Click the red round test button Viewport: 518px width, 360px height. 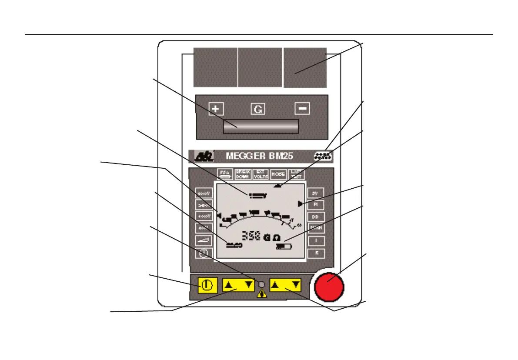point(328,287)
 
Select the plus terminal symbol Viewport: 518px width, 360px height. point(215,108)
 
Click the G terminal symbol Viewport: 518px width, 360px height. point(258,109)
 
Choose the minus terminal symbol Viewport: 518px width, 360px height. point(303,108)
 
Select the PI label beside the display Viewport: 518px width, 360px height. point(316,204)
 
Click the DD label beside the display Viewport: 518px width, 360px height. point(316,217)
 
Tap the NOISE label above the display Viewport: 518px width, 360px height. point(278,174)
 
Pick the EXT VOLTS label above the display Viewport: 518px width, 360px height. point(261,174)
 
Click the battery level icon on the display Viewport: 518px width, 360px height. point(284,247)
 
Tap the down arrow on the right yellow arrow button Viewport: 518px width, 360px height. point(296,285)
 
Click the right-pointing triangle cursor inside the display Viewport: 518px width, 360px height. point(300,203)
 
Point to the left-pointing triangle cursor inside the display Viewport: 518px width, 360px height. point(219,214)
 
